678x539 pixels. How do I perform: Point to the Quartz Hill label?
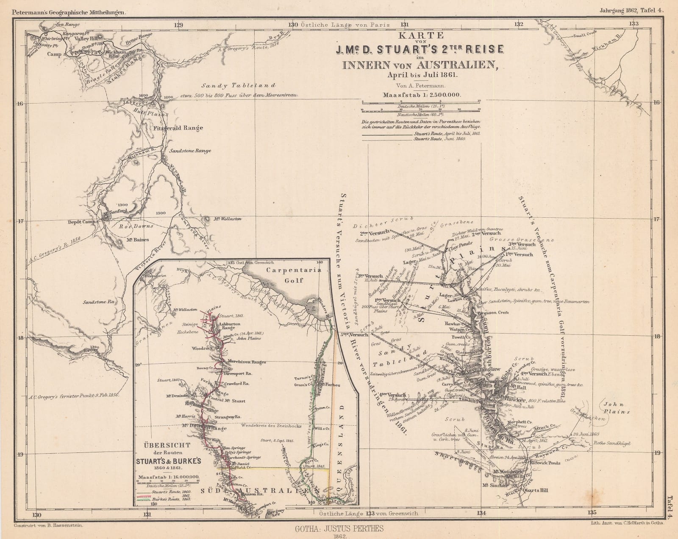pyautogui.click(x=536, y=490)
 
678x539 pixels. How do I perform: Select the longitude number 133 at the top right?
pyautogui.click(x=633, y=24)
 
